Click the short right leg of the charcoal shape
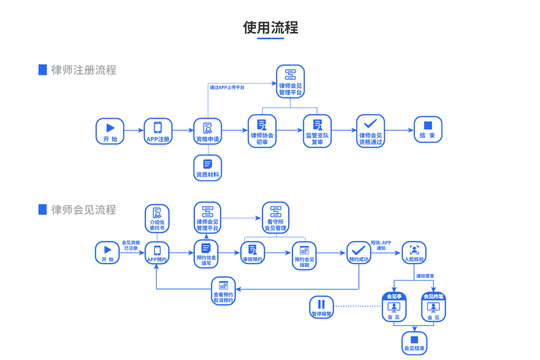[x=297, y=41]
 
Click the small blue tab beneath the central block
[x=223, y=300]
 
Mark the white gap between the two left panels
[x=95, y=174]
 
